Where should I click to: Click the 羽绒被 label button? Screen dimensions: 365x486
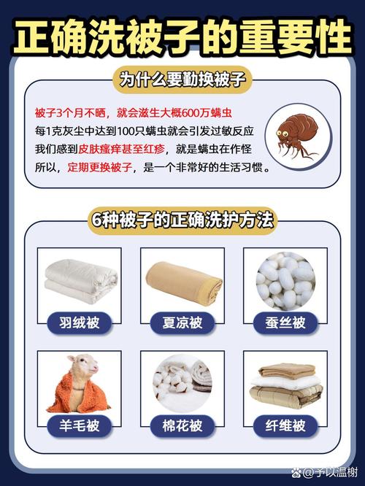click(80, 323)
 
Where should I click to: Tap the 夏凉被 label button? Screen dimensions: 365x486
click(182, 323)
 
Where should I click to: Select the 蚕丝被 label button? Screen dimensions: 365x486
click(285, 323)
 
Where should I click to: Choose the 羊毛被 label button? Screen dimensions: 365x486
click(80, 426)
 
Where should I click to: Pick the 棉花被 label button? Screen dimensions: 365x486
click(182, 426)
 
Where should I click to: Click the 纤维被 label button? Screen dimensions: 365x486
click(285, 426)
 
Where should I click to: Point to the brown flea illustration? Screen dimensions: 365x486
click(296, 136)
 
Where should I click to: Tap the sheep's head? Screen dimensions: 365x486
click(85, 366)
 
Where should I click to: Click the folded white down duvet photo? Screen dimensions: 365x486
click(81, 282)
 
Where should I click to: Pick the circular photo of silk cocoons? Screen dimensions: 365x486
click(285, 281)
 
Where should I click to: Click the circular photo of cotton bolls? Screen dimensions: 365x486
click(182, 384)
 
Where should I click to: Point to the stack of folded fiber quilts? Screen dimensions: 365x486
click(285, 386)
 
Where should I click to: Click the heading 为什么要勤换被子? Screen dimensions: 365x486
click(182, 80)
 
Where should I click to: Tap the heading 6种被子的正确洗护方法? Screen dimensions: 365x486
click(182, 220)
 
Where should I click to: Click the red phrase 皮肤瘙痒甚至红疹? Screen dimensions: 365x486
click(121, 149)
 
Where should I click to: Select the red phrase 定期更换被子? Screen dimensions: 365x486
click(100, 167)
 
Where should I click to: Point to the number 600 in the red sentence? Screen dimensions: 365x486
click(191, 113)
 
